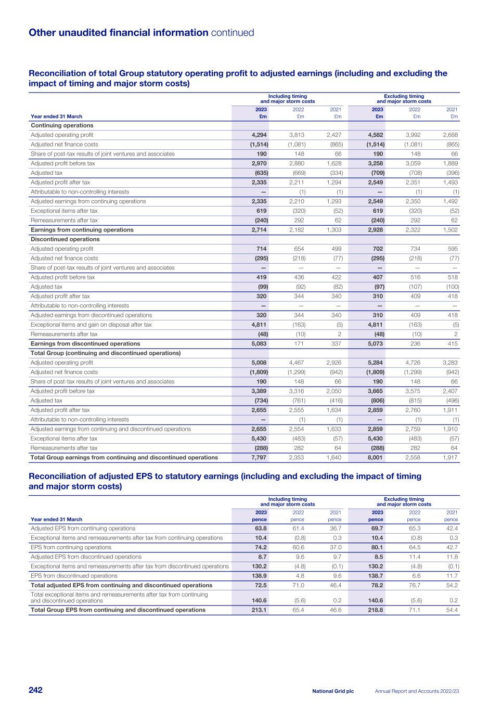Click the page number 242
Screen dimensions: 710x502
[x=35, y=690]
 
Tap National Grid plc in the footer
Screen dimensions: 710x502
[x=333, y=691]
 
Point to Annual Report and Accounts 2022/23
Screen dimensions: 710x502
[x=417, y=691]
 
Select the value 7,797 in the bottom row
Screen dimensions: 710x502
[x=259, y=458]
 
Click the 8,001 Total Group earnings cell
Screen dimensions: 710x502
[x=375, y=458]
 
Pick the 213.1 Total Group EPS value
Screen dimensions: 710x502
[x=259, y=610]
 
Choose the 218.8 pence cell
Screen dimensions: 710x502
[x=376, y=610]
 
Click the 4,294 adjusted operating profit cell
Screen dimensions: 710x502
[x=259, y=135]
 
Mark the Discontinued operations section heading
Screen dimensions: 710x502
[x=65, y=239]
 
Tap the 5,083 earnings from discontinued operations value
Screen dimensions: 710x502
[x=259, y=344]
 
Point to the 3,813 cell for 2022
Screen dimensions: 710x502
[x=297, y=135]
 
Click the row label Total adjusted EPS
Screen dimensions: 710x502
[x=121, y=585]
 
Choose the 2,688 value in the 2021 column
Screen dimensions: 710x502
[x=450, y=135]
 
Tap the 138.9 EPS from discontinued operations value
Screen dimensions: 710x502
[x=259, y=576]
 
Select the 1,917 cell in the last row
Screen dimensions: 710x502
[x=450, y=458]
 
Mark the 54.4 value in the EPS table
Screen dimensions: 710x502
[x=452, y=610]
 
